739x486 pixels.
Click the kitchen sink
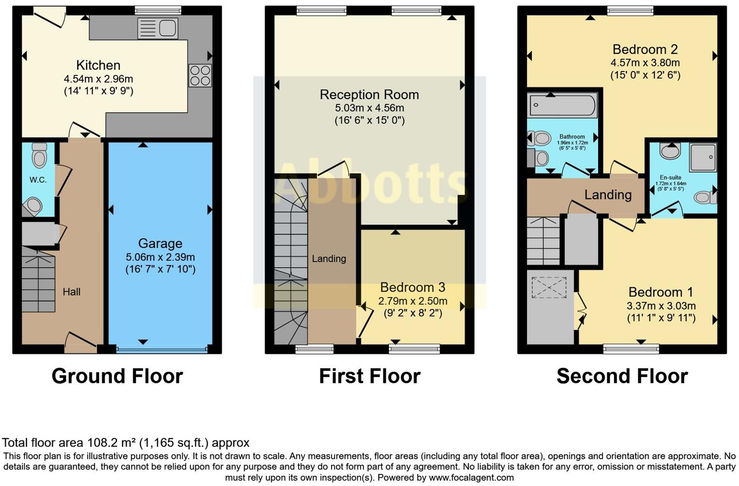coord(158,28)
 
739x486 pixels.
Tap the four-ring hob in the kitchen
coord(200,76)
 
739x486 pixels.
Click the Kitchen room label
coord(98,65)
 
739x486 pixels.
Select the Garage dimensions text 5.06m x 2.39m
coord(160,257)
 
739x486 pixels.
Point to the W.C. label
coord(38,180)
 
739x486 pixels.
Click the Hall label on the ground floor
coord(71,292)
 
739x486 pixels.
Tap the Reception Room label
coord(369,95)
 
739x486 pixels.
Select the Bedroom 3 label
coord(412,287)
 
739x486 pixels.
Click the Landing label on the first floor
coord(329,259)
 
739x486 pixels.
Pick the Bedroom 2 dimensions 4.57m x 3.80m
coord(645,63)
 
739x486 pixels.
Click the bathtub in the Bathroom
coord(563,105)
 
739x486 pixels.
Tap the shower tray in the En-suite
coord(703,157)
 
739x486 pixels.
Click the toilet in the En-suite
coord(704,197)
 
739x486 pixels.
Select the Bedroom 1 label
coord(661,292)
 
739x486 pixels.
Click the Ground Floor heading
coord(117,376)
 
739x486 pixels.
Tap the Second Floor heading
coord(622,376)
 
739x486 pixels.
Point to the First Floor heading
coord(369,376)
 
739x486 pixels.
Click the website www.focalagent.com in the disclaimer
coord(471,477)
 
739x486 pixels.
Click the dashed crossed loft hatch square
coord(549,287)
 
